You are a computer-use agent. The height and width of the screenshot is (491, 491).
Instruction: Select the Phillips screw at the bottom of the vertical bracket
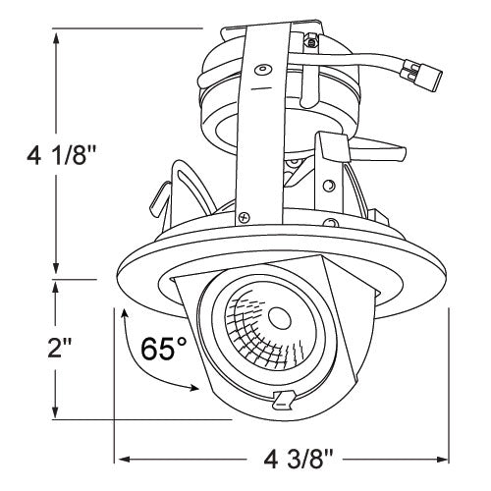[x=245, y=218]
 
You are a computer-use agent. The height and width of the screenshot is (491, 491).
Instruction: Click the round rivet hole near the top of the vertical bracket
[x=261, y=68]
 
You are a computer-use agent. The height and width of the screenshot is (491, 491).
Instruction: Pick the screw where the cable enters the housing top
[x=311, y=42]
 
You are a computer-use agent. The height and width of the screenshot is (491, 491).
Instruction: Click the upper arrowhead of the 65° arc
[x=125, y=313]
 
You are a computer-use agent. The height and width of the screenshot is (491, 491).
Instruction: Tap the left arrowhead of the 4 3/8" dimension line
[x=122, y=459]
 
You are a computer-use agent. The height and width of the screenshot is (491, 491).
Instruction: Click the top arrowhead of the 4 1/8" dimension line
[x=58, y=36]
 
